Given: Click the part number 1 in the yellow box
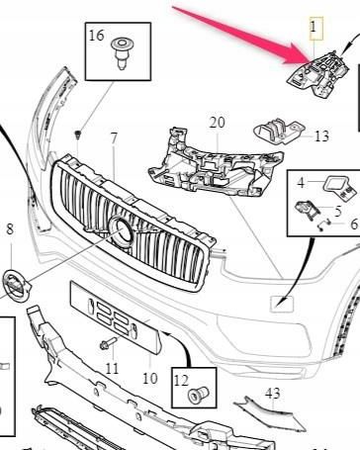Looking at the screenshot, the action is [x=315, y=24].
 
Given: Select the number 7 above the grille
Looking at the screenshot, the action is [x=114, y=136].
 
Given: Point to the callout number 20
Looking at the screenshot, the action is [x=217, y=122].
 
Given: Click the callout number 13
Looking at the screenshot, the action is [x=322, y=136].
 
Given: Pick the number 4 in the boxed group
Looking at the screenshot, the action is [x=302, y=183].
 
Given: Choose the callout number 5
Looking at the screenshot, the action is [x=337, y=209].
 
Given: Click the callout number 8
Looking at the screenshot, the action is [x=10, y=230].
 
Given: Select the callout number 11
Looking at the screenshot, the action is [x=112, y=368].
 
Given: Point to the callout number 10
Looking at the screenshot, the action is [x=149, y=377].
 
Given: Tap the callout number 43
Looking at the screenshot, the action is [x=272, y=393].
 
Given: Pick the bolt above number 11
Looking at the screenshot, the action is [x=106, y=345].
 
